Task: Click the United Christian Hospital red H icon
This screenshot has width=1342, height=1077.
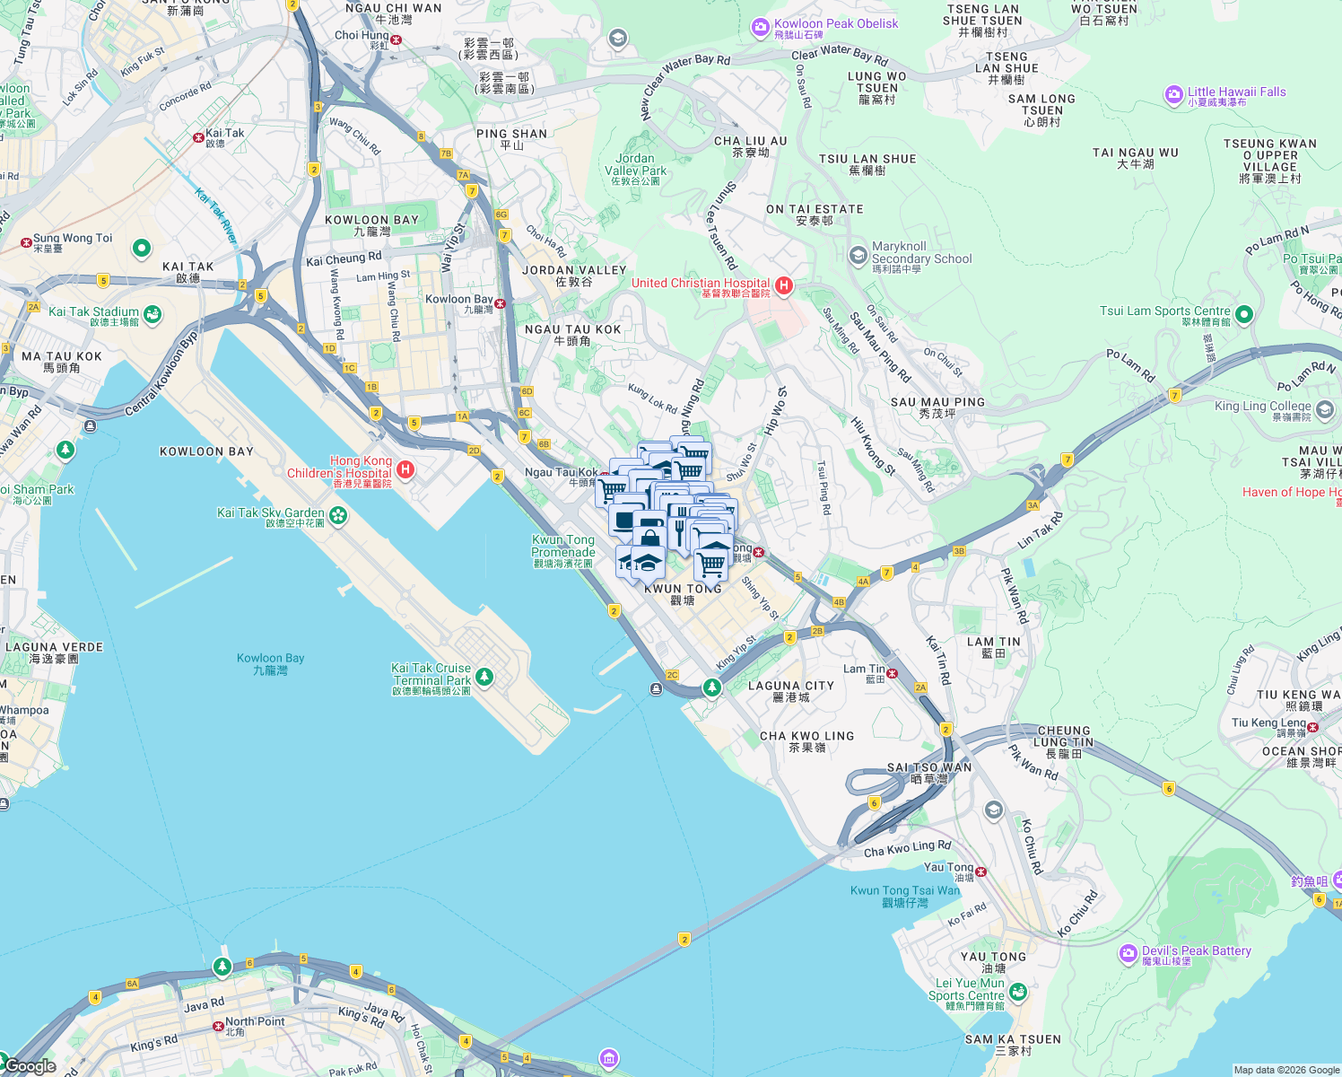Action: tap(784, 285)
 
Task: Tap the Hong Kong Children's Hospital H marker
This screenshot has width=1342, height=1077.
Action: tap(405, 469)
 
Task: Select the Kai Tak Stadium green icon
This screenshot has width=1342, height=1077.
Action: tap(152, 313)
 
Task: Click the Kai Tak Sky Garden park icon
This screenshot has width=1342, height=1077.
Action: tap(338, 515)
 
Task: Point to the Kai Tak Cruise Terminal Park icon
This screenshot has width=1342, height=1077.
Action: tap(484, 676)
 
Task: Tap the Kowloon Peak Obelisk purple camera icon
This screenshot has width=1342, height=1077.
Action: tap(761, 28)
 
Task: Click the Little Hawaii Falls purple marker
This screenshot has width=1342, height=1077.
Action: tap(1174, 94)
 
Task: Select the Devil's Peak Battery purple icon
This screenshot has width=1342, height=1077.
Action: tap(1128, 953)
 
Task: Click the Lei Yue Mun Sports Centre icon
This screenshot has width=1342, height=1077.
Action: tap(1017, 992)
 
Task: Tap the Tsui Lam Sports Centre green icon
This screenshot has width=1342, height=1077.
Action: tap(1243, 314)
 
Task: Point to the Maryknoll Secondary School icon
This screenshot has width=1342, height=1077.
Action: tap(858, 256)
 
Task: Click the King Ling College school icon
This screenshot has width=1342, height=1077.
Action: tap(1325, 410)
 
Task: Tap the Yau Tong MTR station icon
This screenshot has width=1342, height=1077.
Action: tap(981, 871)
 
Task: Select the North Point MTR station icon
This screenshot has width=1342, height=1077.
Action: tap(218, 1026)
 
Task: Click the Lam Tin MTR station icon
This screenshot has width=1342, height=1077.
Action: tap(893, 672)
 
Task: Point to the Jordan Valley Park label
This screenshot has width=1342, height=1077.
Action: tap(635, 165)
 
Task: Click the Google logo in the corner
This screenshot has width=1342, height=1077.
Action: tap(30, 1066)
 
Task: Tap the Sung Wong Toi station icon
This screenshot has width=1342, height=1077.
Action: tap(26, 242)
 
